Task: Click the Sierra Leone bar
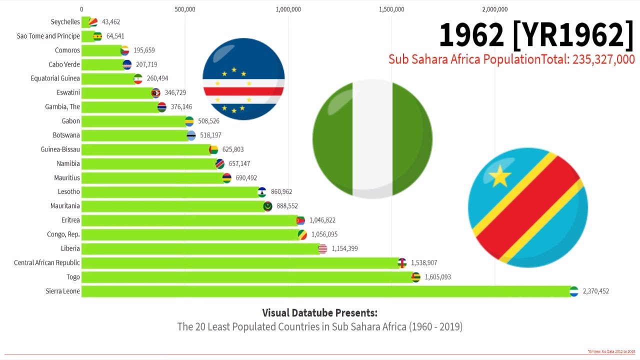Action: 325,291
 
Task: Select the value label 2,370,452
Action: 595,291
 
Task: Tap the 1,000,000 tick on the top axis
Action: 288,9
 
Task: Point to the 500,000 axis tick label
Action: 185,9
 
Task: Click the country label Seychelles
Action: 65,22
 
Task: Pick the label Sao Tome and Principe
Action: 48,36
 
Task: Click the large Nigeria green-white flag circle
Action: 372,139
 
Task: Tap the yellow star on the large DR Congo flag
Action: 499,176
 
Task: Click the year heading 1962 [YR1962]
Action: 536,35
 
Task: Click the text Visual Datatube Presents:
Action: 319,313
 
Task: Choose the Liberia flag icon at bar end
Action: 322,248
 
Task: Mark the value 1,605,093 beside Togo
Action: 437,277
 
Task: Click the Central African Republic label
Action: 47,262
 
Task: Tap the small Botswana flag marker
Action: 191,135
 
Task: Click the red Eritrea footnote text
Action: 611,351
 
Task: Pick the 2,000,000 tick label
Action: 494,9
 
